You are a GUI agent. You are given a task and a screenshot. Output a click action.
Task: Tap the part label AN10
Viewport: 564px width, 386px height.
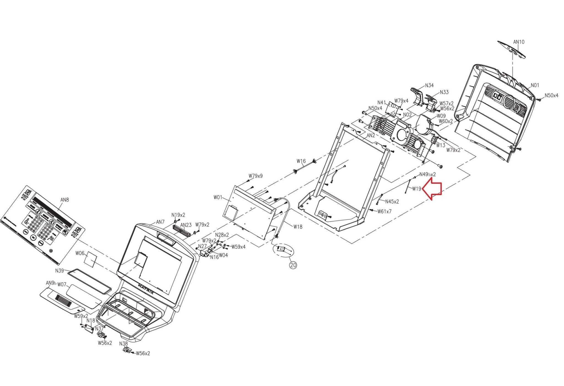pos(519,42)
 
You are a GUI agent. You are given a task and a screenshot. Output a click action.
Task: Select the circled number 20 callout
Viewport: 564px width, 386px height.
pos(293,265)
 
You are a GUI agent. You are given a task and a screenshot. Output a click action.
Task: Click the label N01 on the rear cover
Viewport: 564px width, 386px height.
pos(535,86)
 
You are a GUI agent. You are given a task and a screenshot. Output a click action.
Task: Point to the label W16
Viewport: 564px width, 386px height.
pos(301,161)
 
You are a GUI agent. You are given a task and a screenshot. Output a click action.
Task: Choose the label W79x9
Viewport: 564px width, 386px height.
pos(256,176)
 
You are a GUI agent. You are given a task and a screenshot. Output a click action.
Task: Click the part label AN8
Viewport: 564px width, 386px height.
pos(64,200)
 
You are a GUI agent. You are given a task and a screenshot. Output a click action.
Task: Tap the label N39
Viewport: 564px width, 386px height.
pos(59,270)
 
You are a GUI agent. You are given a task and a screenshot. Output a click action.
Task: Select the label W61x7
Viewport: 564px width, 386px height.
pos(384,211)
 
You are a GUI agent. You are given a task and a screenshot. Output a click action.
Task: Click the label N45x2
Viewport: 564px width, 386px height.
pos(392,201)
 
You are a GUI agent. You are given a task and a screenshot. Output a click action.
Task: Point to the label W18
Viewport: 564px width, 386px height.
pos(298,227)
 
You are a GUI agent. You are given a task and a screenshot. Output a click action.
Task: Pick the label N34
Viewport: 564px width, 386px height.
pos(429,85)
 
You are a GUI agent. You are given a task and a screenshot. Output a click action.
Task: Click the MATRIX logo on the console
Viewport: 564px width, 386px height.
pos(146,289)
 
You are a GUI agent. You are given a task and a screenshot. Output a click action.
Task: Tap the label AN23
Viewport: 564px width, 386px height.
pos(186,225)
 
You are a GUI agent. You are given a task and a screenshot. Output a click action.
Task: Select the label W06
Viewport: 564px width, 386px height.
pos(80,253)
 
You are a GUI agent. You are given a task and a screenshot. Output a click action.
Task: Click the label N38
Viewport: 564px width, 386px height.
pos(123,344)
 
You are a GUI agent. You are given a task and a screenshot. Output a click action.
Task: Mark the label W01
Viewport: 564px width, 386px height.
pos(218,197)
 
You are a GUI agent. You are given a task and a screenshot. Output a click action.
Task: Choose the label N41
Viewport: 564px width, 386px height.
pos(382,102)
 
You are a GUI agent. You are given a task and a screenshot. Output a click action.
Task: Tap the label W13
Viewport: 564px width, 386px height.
pos(441,145)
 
